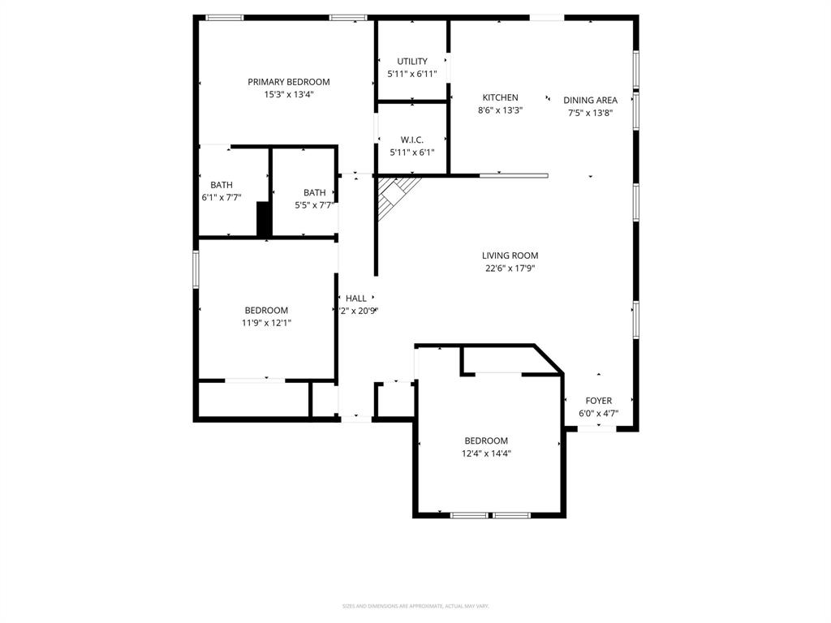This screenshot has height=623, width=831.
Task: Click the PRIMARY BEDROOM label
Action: pos(288,82)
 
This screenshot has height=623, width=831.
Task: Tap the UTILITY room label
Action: pos(412,62)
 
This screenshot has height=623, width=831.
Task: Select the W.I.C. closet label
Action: pos(412,140)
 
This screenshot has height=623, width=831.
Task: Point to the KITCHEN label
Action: pos(500,97)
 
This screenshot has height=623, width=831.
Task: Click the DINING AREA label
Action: pos(590,101)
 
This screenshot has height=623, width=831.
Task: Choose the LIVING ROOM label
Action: pos(510,256)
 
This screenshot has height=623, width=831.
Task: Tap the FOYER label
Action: pos(599,401)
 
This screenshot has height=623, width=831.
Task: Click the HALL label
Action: pos(356,299)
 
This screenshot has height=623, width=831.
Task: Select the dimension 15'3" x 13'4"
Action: pos(288,94)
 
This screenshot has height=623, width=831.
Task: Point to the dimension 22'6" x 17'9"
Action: pos(510,268)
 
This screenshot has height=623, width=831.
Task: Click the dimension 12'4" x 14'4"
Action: pos(486,453)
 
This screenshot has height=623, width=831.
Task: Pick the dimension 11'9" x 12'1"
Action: pos(266,322)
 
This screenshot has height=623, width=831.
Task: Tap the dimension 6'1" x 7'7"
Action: pos(222,197)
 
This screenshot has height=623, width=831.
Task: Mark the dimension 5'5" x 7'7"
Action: pos(314,205)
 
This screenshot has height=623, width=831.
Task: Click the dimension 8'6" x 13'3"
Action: pos(500,110)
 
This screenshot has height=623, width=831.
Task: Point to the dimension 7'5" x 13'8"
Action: pos(590,113)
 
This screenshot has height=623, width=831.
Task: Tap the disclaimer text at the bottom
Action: pos(415,606)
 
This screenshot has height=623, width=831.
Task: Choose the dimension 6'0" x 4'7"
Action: pos(599,413)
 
